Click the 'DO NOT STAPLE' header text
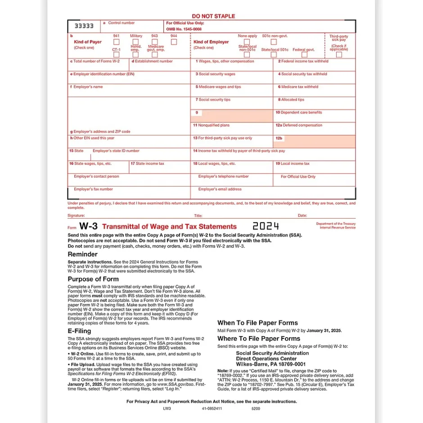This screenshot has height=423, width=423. coord(213,16)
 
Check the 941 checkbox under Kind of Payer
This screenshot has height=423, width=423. coord(116,42)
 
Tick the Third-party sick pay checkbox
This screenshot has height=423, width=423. coord(339,54)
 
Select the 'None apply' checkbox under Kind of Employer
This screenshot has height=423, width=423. coord(247,42)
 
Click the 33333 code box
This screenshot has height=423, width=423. coord(84,27)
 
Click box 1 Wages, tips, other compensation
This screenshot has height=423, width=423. coord(231,64)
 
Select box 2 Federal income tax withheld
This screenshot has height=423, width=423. coord(314,64)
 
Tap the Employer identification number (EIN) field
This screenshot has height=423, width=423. coord(129,77)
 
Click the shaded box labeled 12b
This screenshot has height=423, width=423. coord(314,142)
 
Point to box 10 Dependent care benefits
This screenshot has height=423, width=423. coord(314,116)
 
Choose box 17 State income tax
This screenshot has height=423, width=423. coord(160,167)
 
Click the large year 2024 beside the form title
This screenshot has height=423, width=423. coord(265,226)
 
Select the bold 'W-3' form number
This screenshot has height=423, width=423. coord(88,226)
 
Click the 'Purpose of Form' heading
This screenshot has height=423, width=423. coord(93,279)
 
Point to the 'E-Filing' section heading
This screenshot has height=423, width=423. coord(79,331)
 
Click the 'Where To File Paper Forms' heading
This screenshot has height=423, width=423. coord(259,338)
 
